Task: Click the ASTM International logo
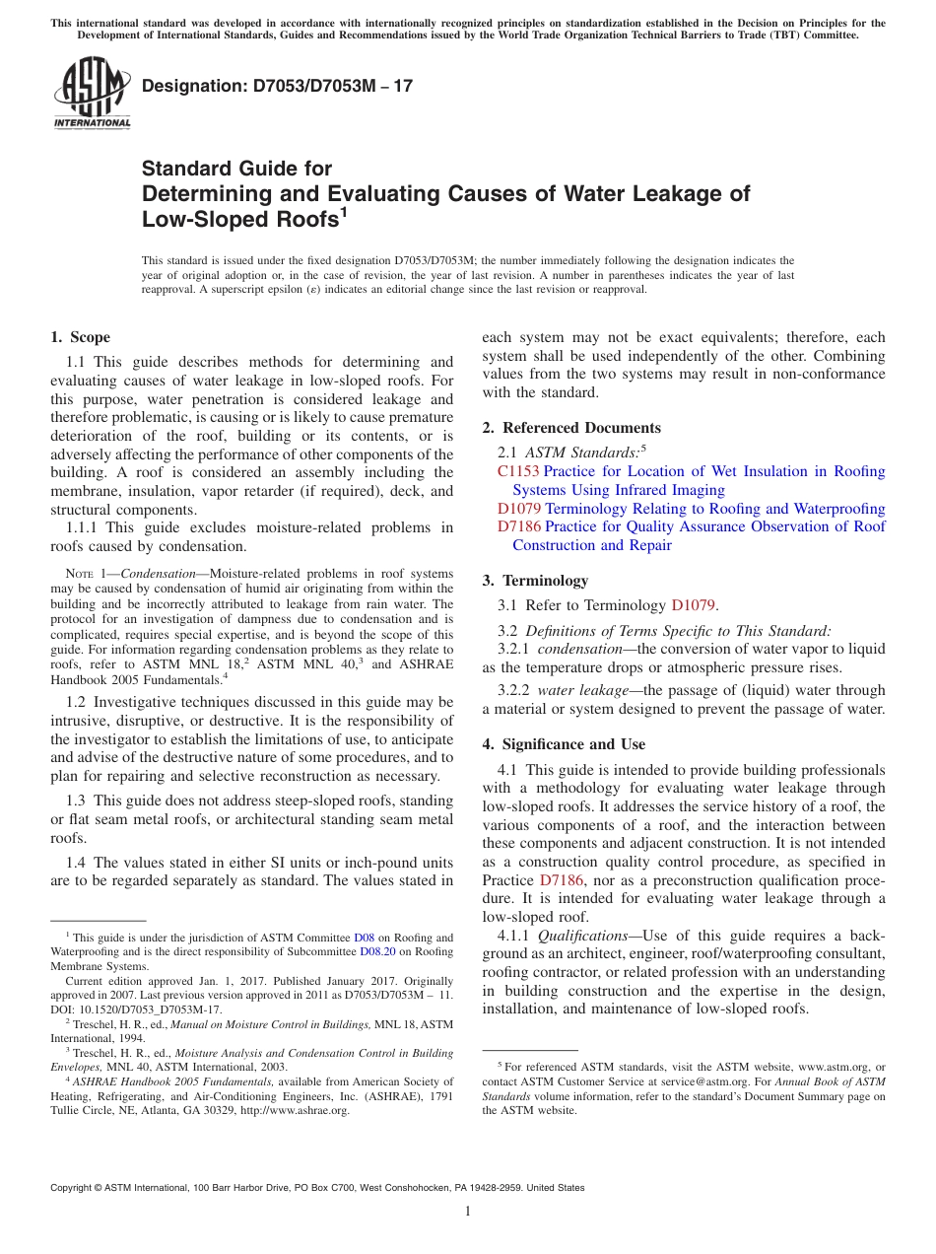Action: (x=91, y=94)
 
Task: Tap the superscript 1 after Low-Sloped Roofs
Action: (x=344, y=210)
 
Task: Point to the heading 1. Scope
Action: (x=81, y=337)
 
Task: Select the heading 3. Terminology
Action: (x=535, y=581)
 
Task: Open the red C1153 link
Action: (x=518, y=471)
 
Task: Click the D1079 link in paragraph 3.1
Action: (x=693, y=605)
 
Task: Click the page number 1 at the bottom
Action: (x=468, y=1212)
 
